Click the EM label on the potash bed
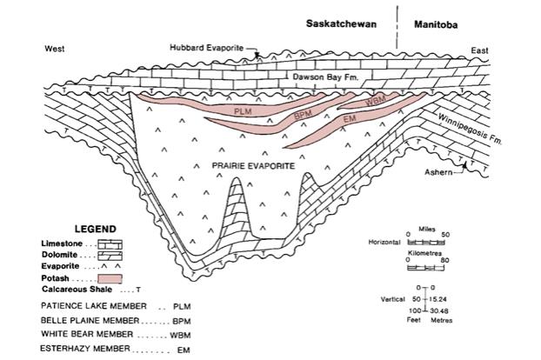point(351,118)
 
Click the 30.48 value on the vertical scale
point(438,309)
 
